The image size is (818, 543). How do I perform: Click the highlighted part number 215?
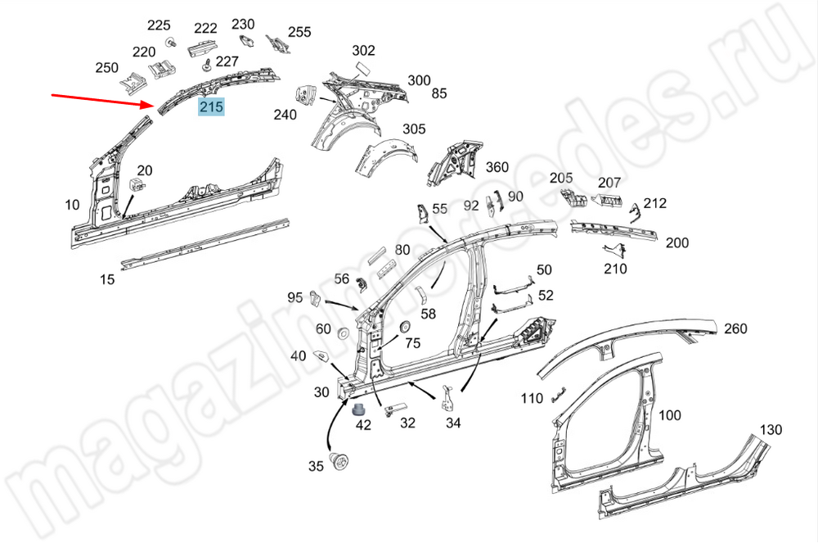coord(211,106)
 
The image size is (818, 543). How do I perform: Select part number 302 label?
coord(363,51)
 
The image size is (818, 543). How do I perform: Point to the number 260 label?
coord(735,328)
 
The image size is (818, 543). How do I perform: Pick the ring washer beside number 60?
coord(342,333)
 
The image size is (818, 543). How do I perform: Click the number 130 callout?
coord(771,429)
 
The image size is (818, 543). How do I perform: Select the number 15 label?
coord(107,279)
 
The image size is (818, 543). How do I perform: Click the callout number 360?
coord(497,167)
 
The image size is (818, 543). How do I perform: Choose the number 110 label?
coord(532,398)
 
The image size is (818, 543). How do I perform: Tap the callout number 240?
coord(285,115)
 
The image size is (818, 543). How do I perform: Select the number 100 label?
coord(669,415)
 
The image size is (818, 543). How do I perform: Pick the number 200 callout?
coord(676,242)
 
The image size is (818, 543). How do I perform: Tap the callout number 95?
coord(294,296)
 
